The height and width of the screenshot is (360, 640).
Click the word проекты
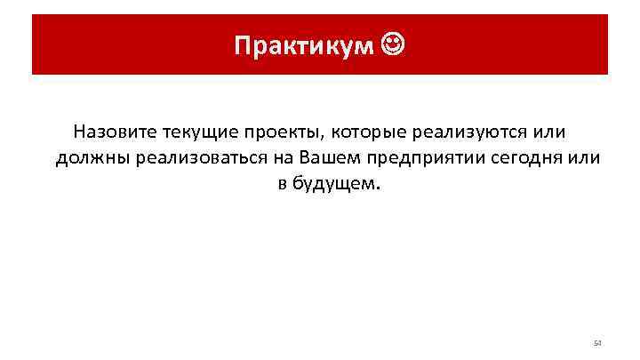[283, 132]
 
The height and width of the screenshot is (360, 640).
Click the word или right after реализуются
[548, 132]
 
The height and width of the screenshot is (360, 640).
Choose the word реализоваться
[193, 158]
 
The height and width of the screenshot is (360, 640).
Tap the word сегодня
[521, 158]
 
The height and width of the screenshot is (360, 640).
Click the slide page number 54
[597, 343]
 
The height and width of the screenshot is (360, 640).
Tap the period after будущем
[376, 188]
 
